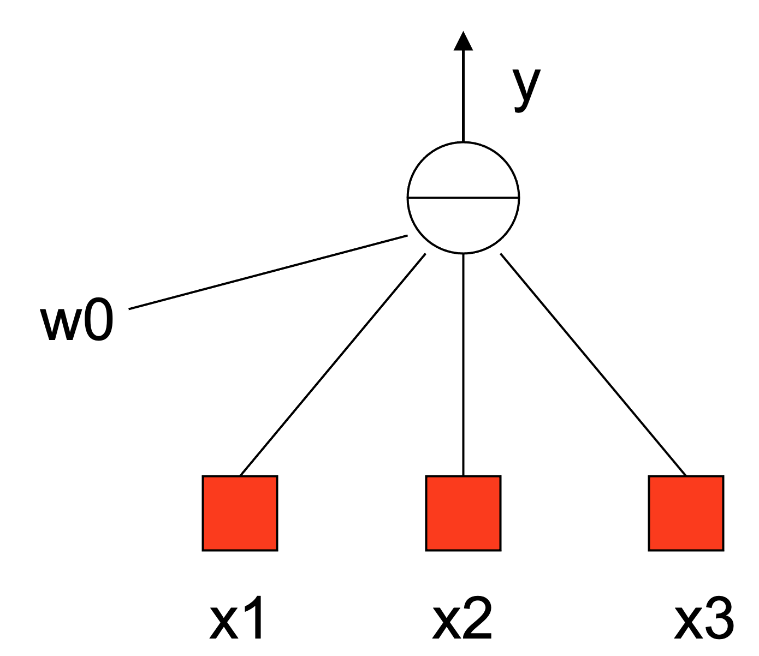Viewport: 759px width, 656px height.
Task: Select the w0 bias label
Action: pyautogui.click(x=77, y=323)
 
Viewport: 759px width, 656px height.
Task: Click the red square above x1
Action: pyautogui.click(x=240, y=513)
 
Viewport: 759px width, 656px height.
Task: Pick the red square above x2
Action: pyautogui.click(x=463, y=513)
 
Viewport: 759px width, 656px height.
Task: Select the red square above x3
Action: pyautogui.click(x=686, y=513)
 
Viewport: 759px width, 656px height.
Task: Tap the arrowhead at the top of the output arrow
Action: pyautogui.click(x=464, y=41)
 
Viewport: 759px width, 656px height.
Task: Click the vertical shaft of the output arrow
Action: pyautogui.click(x=464, y=98)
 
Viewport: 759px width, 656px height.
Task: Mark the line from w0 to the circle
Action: pyautogui.click(x=268, y=272)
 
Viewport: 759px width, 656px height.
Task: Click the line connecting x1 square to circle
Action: pyautogui.click(x=333, y=364)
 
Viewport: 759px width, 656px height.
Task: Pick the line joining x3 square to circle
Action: pyautogui.click(x=593, y=364)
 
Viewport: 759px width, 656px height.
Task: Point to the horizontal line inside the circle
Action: pyautogui.click(x=464, y=198)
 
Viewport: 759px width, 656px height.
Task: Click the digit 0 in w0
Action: pyautogui.click(x=98, y=323)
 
